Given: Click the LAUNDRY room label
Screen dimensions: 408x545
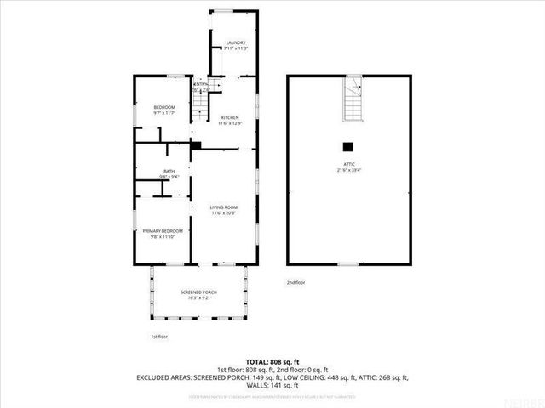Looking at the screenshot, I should [x=234, y=43].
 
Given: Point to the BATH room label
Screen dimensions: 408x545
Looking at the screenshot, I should [x=169, y=172].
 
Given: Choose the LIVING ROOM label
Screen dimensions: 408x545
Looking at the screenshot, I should [x=224, y=207].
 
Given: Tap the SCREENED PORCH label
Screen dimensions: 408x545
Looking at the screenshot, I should [x=198, y=292].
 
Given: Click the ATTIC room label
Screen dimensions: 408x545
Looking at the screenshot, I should [x=347, y=164].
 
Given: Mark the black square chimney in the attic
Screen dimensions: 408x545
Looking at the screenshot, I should [x=347, y=144].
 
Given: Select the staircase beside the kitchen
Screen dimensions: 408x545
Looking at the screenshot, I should [x=201, y=104].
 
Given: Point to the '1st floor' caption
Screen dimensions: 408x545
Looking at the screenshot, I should [x=159, y=336].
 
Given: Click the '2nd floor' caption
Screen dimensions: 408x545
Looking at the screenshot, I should [x=295, y=282].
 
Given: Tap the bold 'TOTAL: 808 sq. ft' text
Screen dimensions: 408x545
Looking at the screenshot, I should [x=272, y=361].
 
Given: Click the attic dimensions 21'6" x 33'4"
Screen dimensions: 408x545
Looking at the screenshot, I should [x=347, y=170].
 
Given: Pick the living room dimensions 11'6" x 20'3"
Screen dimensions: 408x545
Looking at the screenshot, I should [x=224, y=213].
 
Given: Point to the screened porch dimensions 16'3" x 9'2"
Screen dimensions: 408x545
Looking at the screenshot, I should [x=198, y=298].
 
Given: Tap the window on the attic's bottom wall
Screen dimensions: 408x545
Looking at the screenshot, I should [x=347, y=264].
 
